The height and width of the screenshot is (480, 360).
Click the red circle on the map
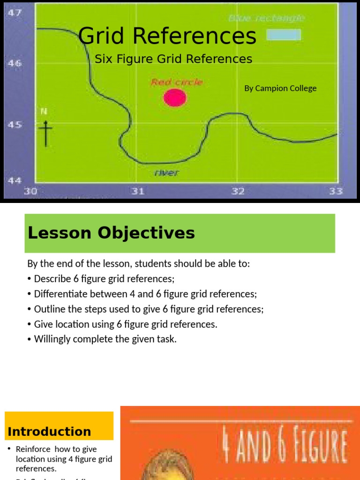[x=175, y=97]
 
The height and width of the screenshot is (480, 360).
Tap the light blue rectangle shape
[x=284, y=35]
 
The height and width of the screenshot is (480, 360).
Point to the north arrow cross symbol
[x=45, y=132]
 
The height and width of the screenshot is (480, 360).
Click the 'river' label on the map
[x=167, y=173]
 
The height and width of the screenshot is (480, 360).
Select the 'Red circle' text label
[x=177, y=82]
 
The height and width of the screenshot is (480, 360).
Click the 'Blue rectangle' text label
[x=267, y=18]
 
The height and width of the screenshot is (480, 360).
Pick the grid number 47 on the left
[x=14, y=13]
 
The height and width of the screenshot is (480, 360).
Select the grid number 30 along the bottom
[x=31, y=191]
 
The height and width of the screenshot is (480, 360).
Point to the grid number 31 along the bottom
[x=137, y=191]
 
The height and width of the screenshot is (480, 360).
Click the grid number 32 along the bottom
[x=238, y=191]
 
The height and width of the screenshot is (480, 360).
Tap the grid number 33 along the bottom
[x=336, y=191]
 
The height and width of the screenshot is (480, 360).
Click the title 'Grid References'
[x=167, y=36]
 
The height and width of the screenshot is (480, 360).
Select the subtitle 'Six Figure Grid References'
[x=173, y=59]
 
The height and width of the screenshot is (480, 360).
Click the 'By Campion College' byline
[x=280, y=88]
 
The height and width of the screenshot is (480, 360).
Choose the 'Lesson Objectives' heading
[x=111, y=233]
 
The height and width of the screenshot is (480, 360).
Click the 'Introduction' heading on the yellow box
[x=49, y=431]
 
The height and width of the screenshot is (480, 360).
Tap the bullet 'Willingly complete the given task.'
[x=105, y=339]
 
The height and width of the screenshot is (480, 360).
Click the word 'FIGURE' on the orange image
[x=315, y=447]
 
